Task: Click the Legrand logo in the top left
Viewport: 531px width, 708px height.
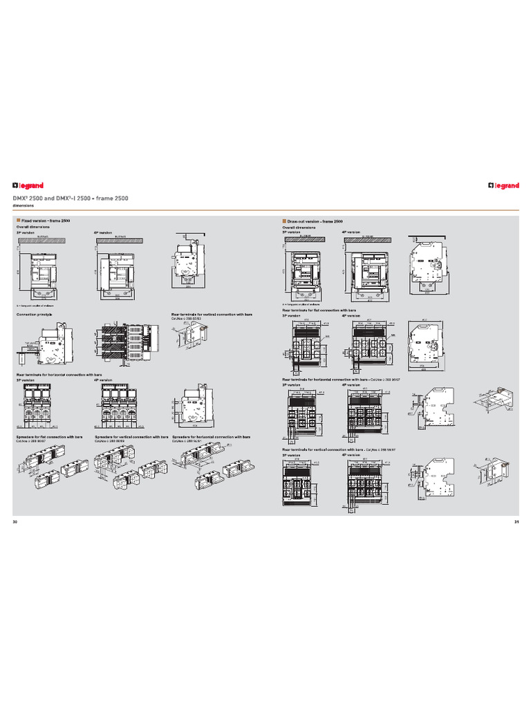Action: tap(28, 185)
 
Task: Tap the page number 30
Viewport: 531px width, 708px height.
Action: tap(15, 521)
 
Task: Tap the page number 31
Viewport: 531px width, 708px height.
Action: tap(516, 521)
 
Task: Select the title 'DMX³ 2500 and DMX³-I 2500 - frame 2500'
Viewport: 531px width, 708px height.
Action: tap(70, 198)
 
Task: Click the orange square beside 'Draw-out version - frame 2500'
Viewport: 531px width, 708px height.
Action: tap(284, 221)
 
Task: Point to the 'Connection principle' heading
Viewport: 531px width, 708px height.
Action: tap(35, 314)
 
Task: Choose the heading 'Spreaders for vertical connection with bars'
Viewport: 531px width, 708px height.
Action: tap(131, 437)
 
